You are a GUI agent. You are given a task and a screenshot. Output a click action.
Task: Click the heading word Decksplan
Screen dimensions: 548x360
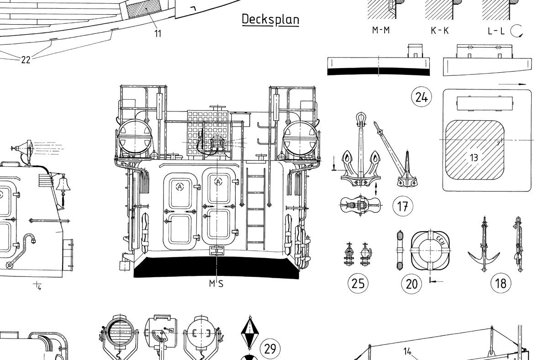270,19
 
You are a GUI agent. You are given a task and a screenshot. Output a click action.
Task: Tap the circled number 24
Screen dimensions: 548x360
422,97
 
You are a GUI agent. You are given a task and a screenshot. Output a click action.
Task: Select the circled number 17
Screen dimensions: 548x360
403,206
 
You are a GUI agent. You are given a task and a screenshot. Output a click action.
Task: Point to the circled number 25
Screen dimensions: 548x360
358,284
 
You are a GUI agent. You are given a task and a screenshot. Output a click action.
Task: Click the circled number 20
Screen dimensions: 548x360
411,284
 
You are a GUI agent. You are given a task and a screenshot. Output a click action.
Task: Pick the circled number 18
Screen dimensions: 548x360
501,283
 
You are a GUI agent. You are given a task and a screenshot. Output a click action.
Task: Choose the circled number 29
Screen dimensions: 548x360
270,349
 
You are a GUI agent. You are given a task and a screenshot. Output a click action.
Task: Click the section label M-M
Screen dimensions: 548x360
381,30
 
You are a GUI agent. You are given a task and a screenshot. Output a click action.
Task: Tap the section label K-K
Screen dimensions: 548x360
440,31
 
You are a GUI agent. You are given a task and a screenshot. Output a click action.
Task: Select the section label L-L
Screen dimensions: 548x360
496,31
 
